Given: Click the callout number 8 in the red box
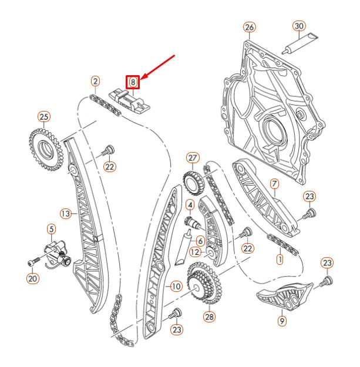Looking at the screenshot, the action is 133,82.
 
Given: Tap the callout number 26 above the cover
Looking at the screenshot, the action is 250,28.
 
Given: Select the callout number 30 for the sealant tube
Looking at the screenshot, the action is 299,26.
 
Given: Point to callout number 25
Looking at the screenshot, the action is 44,117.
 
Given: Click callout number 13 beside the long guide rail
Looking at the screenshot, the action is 66,214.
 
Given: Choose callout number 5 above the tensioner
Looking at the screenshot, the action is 52,229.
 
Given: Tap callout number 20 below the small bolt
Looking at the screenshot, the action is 32,278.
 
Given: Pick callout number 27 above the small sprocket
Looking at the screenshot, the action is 193,158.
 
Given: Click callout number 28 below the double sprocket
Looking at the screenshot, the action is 210,317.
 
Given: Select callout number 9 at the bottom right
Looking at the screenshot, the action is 282,321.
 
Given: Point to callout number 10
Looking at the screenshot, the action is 176,286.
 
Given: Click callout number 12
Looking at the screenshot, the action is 195,252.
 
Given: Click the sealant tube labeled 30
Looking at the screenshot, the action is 300,44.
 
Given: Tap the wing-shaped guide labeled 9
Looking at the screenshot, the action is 285,296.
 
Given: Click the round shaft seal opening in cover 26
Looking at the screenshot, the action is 273,130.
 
